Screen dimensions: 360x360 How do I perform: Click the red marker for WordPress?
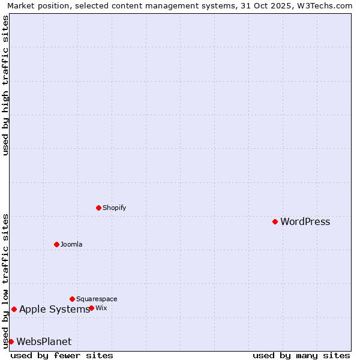coord(275,221)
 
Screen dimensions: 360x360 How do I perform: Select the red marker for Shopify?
coord(98,208)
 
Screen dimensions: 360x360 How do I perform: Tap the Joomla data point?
coord(56,244)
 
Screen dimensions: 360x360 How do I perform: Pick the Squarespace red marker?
coord(72,299)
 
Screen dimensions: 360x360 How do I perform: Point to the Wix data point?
coord(91,308)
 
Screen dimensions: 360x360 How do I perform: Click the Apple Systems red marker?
coord(14,309)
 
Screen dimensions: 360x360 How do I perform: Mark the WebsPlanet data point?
coord(11,341)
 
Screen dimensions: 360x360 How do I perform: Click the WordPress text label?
coord(305,222)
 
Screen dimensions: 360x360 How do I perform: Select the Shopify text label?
coord(114,208)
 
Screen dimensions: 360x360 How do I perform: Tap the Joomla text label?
coord(71,245)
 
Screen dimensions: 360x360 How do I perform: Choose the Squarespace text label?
coord(97,299)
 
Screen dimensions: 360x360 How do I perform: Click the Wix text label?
coord(101,308)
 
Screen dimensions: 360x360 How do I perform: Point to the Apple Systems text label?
coord(55,310)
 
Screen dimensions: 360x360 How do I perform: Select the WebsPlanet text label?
coord(44,342)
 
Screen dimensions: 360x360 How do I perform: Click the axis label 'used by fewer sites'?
coord(62,355)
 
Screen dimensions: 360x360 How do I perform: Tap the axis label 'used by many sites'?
coord(301,355)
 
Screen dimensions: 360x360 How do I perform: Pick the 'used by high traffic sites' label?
coord(5,85)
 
